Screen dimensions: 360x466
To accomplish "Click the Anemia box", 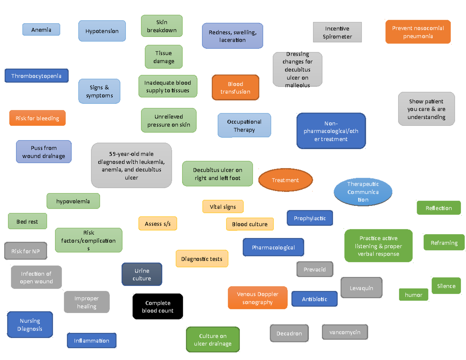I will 41,30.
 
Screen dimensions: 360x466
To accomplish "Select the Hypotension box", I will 102,31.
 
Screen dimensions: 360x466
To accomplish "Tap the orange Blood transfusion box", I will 235,88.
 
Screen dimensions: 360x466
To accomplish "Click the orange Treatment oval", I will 285,180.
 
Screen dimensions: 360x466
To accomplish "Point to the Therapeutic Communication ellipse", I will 363,192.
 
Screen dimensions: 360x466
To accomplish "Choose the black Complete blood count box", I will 158,307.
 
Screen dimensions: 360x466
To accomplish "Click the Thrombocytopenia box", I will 37,76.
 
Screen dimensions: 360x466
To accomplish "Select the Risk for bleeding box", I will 37,118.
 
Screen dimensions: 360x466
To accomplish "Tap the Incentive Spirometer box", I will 337,32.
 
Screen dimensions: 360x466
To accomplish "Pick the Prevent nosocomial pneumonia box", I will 418,32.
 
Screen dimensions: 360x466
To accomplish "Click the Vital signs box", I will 223,207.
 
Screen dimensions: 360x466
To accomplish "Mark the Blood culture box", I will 250,224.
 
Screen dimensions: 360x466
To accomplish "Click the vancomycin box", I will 345,332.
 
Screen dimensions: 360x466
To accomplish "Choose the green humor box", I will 414,295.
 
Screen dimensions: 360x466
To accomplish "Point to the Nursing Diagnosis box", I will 30,325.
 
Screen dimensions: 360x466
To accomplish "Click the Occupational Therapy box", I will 244,125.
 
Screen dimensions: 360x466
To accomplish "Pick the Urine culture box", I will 142,275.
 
